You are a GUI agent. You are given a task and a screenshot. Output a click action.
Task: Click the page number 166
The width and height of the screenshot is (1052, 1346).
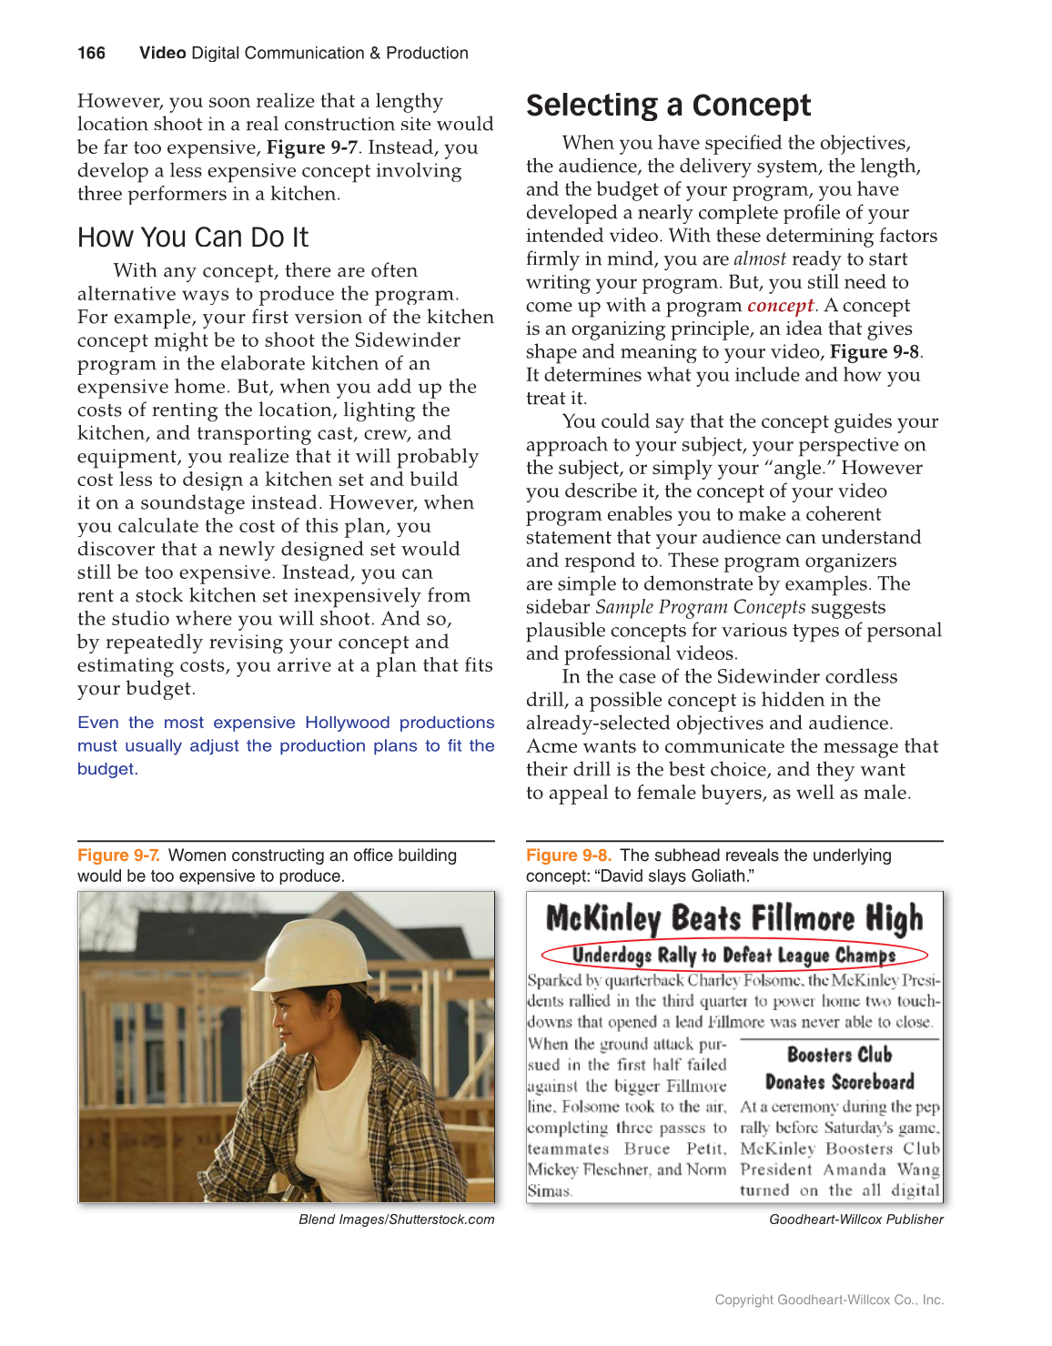click(91, 53)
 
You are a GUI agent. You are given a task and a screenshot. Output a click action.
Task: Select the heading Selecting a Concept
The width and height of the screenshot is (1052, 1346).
click(668, 106)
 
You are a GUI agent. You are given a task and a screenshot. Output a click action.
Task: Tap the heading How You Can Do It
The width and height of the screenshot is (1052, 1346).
click(193, 238)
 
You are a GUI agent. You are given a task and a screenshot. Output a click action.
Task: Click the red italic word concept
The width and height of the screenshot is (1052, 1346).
click(780, 306)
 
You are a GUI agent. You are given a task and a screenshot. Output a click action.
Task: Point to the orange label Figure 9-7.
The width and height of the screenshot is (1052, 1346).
click(118, 855)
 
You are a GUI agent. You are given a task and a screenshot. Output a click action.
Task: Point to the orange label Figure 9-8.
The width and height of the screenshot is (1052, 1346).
click(568, 855)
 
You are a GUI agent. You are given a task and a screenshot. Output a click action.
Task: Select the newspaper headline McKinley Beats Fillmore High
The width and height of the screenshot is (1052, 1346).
click(733, 918)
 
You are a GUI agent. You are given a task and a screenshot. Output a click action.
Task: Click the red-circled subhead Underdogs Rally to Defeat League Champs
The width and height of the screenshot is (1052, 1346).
click(733, 955)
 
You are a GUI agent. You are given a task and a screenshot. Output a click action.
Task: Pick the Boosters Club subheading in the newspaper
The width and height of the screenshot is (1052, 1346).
click(839, 1055)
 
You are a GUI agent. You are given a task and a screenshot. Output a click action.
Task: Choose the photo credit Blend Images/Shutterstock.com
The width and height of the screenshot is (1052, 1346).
click(396, 1219)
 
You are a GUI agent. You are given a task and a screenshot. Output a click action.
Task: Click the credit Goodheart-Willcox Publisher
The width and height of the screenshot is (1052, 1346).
click(855, 1219)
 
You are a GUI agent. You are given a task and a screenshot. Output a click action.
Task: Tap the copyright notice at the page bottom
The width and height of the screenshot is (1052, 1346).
click(829, 1300)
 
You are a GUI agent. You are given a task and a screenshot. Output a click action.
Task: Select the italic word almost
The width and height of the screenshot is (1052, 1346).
click(759, 259)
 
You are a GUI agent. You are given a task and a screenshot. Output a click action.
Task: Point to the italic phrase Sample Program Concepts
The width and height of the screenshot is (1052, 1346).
click(700, 607)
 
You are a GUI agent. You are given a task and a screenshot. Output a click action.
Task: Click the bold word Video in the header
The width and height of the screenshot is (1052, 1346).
click(162, 53)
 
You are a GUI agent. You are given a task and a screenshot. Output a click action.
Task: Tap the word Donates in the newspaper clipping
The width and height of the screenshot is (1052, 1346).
click(794, 1082)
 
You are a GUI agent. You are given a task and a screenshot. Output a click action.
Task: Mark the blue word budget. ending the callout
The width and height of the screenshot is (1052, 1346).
click(107, 769)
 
